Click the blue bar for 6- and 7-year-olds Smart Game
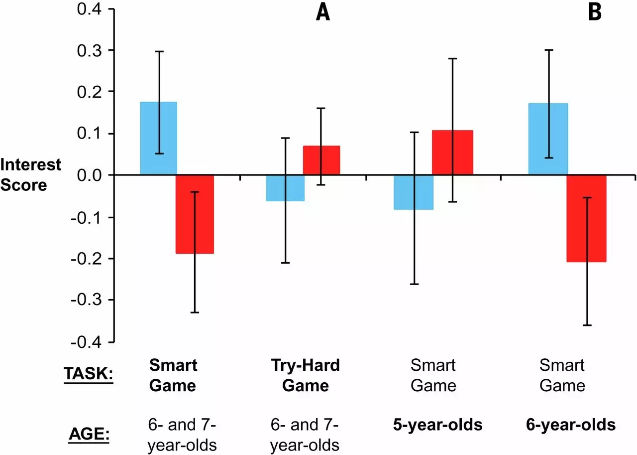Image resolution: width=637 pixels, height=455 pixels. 158,138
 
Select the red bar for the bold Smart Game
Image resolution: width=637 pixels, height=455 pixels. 195,214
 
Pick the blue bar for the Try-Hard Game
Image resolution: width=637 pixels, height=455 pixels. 285,188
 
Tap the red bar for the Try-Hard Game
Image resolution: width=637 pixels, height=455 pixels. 321,160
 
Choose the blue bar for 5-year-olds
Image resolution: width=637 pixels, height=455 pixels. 414,192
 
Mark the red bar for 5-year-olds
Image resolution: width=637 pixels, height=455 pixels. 452,152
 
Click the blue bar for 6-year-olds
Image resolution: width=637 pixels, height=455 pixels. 548,139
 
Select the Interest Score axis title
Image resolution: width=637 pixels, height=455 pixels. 31,175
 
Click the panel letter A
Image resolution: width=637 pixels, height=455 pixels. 323,12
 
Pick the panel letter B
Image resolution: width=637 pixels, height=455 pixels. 595,12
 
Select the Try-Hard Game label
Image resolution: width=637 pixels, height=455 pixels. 305,375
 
